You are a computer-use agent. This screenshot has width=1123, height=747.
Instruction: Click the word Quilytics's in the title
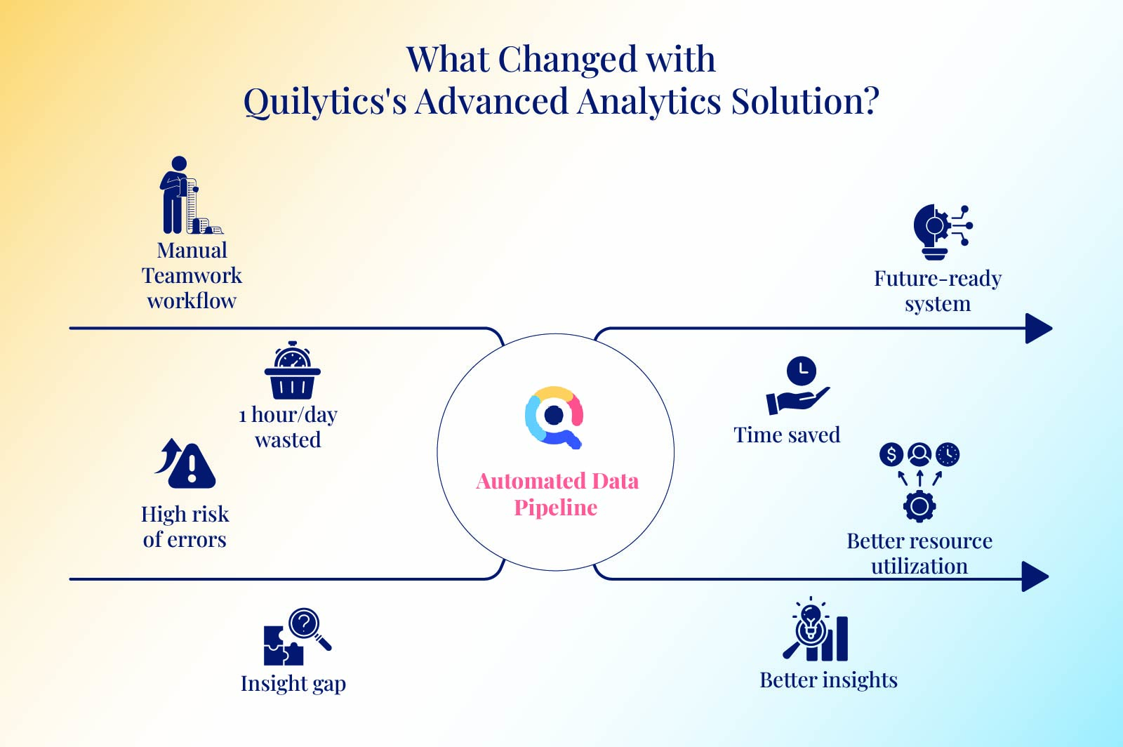(325, 102)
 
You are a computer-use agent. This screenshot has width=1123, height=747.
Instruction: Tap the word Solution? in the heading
(804, 101)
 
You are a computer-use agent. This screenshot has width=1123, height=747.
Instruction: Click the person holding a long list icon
(190, 195)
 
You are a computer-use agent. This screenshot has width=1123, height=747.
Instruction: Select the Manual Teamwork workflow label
(192, 275)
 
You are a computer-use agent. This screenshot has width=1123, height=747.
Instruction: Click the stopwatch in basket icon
(292, 370)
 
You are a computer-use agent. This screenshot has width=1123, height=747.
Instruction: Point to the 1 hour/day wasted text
(288, 427)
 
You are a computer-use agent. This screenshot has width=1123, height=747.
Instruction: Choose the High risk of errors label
(185, 527)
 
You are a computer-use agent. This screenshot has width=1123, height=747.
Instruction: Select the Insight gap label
(293, 684)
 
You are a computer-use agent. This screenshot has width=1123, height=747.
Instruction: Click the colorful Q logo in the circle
(554, 417)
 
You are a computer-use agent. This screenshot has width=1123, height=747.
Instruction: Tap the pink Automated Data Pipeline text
(557, 494)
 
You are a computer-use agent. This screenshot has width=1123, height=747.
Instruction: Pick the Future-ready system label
(938, 291)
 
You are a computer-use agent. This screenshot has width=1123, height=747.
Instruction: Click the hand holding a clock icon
(797, 385)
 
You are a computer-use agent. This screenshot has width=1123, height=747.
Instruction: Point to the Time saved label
(787, 435)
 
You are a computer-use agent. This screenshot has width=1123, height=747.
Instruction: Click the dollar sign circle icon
(891, 455)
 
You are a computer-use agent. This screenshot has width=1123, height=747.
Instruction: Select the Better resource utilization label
(919, 553)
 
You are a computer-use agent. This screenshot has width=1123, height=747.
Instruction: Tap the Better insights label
(828, 680)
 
